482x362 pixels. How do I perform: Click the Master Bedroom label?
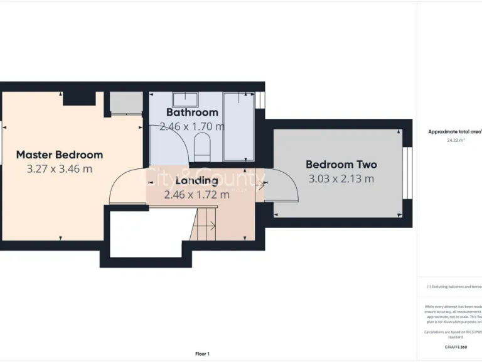click(x=60, y=155)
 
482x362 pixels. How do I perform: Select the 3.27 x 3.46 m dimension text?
click(x=60, y=168)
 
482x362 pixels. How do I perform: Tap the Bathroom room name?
click(x=192, y=112)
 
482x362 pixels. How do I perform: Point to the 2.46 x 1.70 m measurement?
click(x=192, y=126)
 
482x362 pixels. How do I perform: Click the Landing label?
click(x=192, y=181)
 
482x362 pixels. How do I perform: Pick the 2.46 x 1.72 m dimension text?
click(x=196, y=195)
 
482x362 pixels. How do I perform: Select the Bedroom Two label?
click(x=341, y=165)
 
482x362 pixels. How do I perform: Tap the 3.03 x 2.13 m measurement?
click(x=341, y=178)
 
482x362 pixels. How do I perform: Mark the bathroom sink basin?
click(x=185, y=99)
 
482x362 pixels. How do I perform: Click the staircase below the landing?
click(x=203, y=225)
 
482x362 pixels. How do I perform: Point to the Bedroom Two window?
click(x=407, y=172)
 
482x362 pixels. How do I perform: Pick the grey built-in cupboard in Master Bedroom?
click(x=126, y=102)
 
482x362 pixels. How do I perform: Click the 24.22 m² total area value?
click(x=455, y=140)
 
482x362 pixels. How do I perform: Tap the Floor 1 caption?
click(x=203, y=354)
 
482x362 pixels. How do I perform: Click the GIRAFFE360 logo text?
click(x=455, y=347)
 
